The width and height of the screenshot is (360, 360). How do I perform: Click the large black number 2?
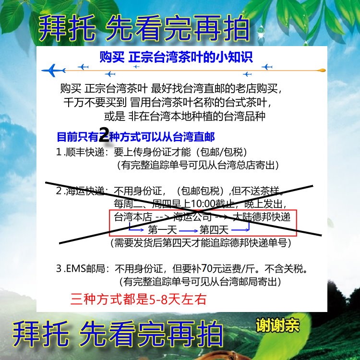(104, 135)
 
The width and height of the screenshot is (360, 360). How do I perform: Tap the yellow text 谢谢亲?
(277, 325)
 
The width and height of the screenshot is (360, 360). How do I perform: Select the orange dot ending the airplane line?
(322, 70)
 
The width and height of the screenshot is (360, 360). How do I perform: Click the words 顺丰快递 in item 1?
(85, 152)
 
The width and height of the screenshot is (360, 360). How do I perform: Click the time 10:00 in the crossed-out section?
(203, 204)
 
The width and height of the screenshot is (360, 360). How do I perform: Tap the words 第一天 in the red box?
(162, 229)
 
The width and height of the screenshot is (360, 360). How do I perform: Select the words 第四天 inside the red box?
(214, 229)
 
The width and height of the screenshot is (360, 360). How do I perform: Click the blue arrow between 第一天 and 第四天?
(188, 230)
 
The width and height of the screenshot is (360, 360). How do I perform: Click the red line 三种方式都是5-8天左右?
(138, 299)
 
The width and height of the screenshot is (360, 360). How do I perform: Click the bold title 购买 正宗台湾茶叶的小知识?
(176, 57)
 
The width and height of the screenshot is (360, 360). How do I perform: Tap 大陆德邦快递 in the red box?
(262, 217)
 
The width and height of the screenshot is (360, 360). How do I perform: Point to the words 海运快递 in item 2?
(85, 191)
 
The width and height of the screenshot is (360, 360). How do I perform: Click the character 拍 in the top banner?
(237, 28)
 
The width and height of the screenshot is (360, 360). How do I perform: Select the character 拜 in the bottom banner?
(26, 334)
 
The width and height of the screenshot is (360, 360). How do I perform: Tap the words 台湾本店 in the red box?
(133, 217)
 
